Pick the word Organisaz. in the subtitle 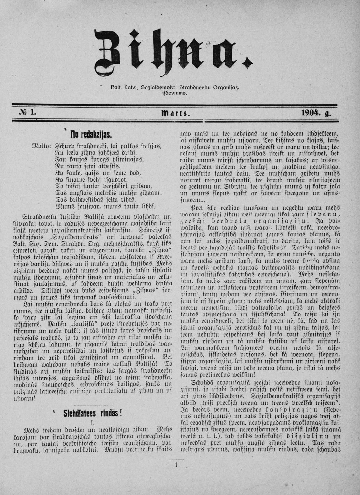(224, 88)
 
